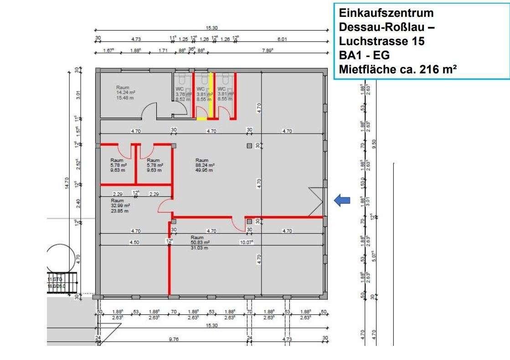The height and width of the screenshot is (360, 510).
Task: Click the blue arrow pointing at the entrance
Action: click(x=342, y=201)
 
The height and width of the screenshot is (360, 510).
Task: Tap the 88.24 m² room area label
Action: click(x=205, y=165)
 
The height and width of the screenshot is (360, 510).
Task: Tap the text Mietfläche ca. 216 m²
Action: click(x=398, y=70)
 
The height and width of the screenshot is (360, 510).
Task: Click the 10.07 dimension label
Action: click(x=247, y=242)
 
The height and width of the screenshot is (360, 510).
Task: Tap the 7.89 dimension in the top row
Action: click(x=267, y=50)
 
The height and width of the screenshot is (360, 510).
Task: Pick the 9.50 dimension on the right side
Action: click(x=374, y=144)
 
